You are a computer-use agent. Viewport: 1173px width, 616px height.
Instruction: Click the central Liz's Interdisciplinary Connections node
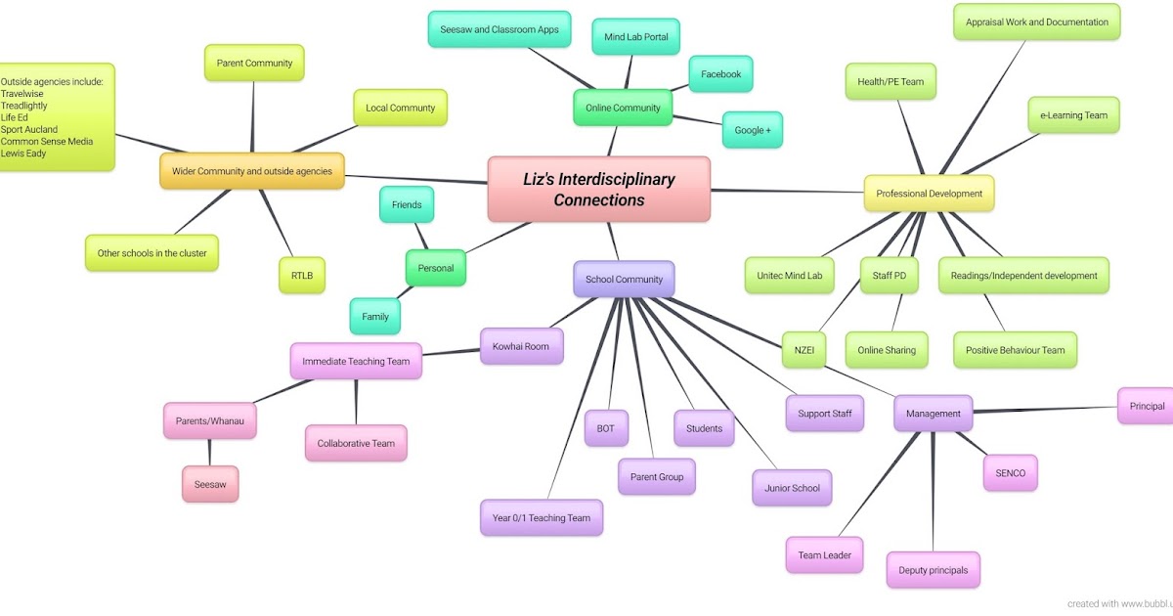598,189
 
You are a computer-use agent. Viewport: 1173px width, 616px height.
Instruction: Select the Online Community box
623,108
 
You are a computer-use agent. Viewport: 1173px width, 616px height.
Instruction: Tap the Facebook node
720,74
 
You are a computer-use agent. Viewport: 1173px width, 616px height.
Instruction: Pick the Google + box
752,129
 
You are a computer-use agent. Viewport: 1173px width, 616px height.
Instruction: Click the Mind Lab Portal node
635,37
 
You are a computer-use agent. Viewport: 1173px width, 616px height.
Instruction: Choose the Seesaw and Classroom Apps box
499,29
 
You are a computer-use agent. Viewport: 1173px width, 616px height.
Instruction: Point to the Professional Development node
929,194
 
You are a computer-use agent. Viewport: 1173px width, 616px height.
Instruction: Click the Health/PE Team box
891,82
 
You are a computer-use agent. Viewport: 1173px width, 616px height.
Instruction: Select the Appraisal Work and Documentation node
1036,22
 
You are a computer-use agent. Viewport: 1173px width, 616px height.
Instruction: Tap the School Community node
624,279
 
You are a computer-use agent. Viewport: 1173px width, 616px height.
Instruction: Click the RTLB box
301,276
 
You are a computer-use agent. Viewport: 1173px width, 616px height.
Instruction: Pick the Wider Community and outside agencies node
251,171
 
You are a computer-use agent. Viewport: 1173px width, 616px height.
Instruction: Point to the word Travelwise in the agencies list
22,94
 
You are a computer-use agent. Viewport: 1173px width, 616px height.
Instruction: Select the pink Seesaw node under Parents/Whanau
209,484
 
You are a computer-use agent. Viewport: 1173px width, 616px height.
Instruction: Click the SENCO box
1010,473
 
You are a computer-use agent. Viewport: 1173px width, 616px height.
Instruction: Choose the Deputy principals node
933,570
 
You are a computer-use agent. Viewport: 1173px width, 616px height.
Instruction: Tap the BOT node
605,428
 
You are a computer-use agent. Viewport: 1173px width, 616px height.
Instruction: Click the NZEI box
804,350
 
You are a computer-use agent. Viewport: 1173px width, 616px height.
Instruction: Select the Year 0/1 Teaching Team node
541,517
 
